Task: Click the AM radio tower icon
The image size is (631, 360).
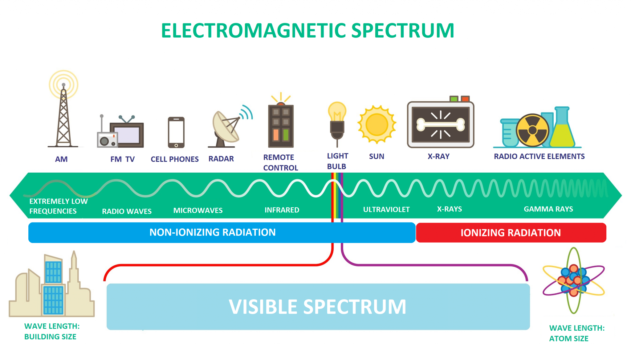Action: (63, 117)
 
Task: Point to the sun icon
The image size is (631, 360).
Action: (377, 125)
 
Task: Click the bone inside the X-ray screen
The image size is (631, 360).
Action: (441, 125)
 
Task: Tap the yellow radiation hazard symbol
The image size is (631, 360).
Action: (532, 130)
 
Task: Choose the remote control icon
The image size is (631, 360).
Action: (281, 126)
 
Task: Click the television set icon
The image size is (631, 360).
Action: (127, 135)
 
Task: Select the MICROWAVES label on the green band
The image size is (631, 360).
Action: (198, 211)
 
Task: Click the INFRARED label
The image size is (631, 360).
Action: (282, 210)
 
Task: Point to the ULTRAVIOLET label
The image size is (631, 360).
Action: (386, 210)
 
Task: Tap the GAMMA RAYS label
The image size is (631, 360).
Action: (548, 209)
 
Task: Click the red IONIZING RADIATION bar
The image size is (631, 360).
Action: (511, 233)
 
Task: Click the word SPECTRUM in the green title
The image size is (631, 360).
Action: (402, 31)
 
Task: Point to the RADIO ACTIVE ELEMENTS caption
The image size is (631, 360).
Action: (539, 157)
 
